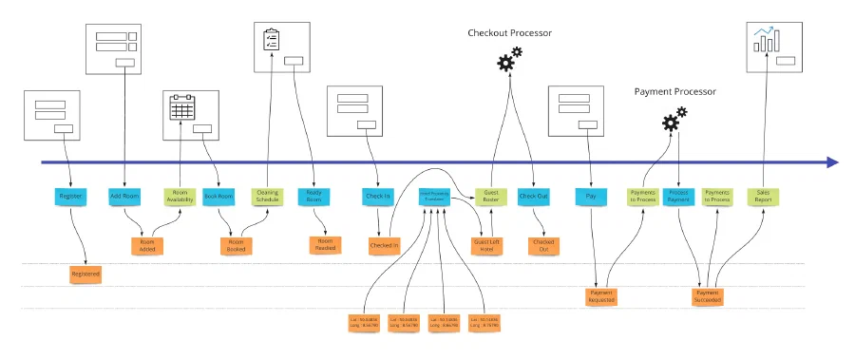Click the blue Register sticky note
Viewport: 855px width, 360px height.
pyautogui.click(x=70, y=197)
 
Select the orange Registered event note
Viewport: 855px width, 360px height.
pyautogui.click(x=85, y=274)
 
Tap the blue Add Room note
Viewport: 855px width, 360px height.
pyautogui.click(x=124, y=197)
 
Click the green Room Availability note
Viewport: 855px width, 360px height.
pyautogui.click(x=180, y=197)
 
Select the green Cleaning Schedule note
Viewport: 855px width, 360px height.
pyautogui.click(x=268, y=197)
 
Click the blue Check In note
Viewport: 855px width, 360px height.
pyautogui.click(x=377, y=197)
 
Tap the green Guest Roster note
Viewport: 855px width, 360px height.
pyautogui.click(x=491, y=197)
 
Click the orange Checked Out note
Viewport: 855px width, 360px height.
pyautogui.click(x=543, y=245)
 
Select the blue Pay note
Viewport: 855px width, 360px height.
pyautogui.click(x=591, y=197)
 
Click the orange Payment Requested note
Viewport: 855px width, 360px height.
pyautogui.click(x=600, y=296)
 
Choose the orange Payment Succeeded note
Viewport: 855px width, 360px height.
pyautogui.click(x=708, y=296)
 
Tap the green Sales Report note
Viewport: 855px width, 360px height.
pyautogui.click(x=762, y=197)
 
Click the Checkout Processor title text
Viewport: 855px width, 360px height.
pyautogui.click(x=509, y=33)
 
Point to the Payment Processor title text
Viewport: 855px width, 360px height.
pyautogui.click(x=674, y=92)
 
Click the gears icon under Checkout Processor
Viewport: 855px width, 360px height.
pyautogui.click(x=509, y=60)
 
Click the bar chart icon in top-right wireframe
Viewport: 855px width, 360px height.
pyautogui.click(x=767, y=39)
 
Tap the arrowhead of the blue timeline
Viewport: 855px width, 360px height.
pyautogui.click(x=832, y=162)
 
